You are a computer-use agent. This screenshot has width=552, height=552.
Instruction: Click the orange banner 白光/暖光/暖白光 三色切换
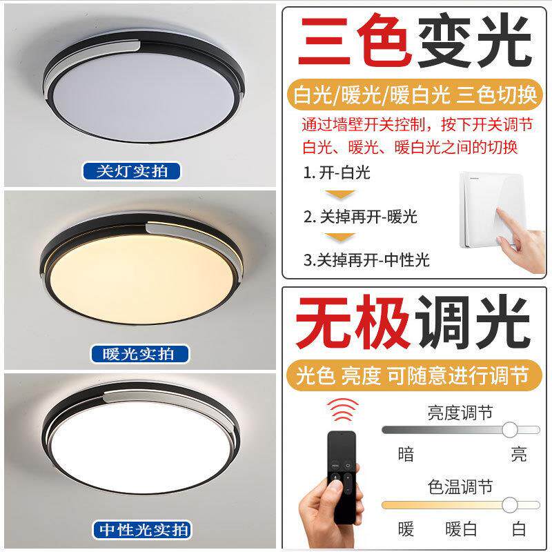[x=415, y=95]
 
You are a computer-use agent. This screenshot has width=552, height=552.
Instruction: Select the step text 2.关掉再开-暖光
[x=360, y=217]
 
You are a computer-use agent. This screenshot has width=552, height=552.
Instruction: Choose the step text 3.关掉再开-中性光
[x=366, y=260]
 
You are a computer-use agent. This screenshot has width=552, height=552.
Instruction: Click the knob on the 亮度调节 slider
[x=509, y=430]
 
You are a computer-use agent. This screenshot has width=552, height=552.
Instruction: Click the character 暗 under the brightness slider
[x=406, y=454]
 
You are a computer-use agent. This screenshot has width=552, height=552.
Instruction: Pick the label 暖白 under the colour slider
[x=461, y=529]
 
